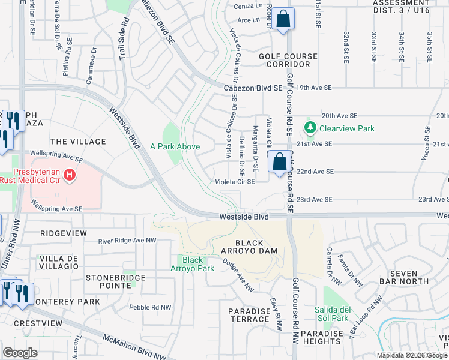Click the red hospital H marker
pos(70,175)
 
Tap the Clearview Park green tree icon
pos(310,128)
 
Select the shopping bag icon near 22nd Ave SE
pos(280,162)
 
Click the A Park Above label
pos(175,146)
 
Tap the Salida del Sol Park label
pos(336,314)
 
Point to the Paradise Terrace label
pos(249,315)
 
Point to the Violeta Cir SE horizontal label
pos(236,181)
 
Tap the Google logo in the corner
pos(20,353)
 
